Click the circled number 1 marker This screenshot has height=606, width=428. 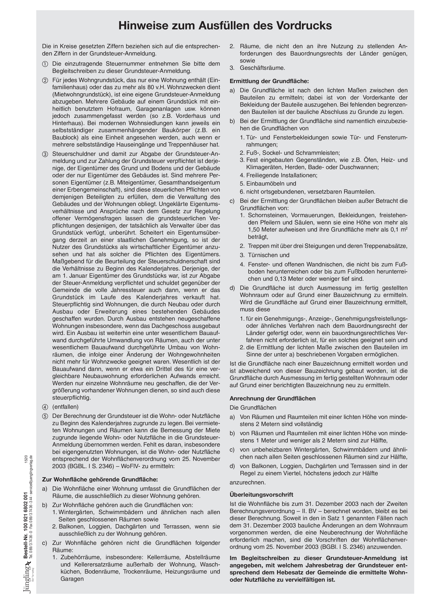tap(45, 64)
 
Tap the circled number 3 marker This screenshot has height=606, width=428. tap(45, 154)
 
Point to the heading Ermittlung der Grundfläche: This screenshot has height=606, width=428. tap(269, 81)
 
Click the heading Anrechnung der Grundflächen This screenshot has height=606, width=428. tap(272, 398)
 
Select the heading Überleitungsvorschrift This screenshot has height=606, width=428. tap(261, 495)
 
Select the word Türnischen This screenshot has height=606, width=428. tap(261, 255)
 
